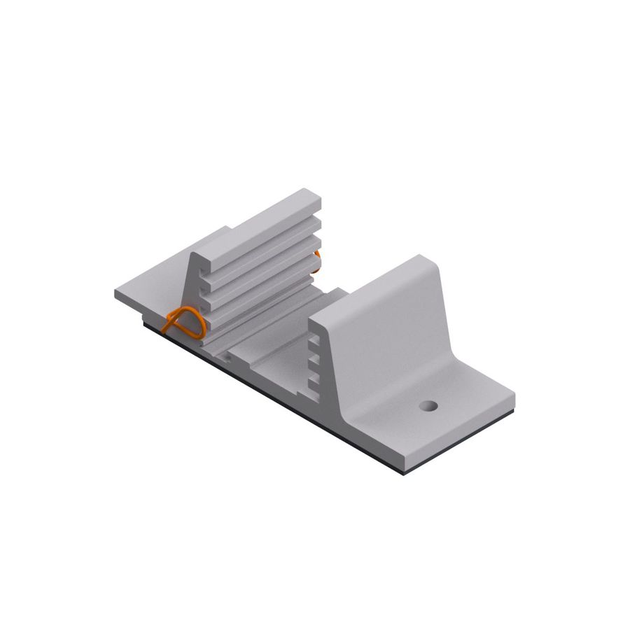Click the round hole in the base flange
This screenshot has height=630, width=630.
[x=428, y=405]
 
